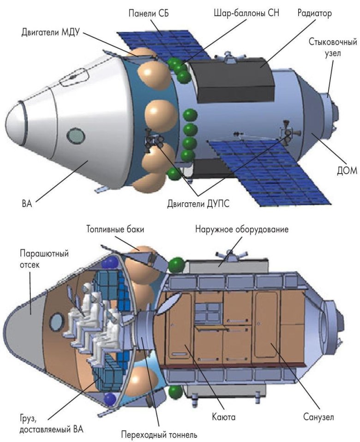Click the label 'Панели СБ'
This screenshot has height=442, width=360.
(x=148, y=13)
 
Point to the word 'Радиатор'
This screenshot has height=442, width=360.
(x=314, y=13)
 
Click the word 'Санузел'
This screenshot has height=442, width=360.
(x=317, y=417)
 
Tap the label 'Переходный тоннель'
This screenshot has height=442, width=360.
(x=159, y=434)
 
